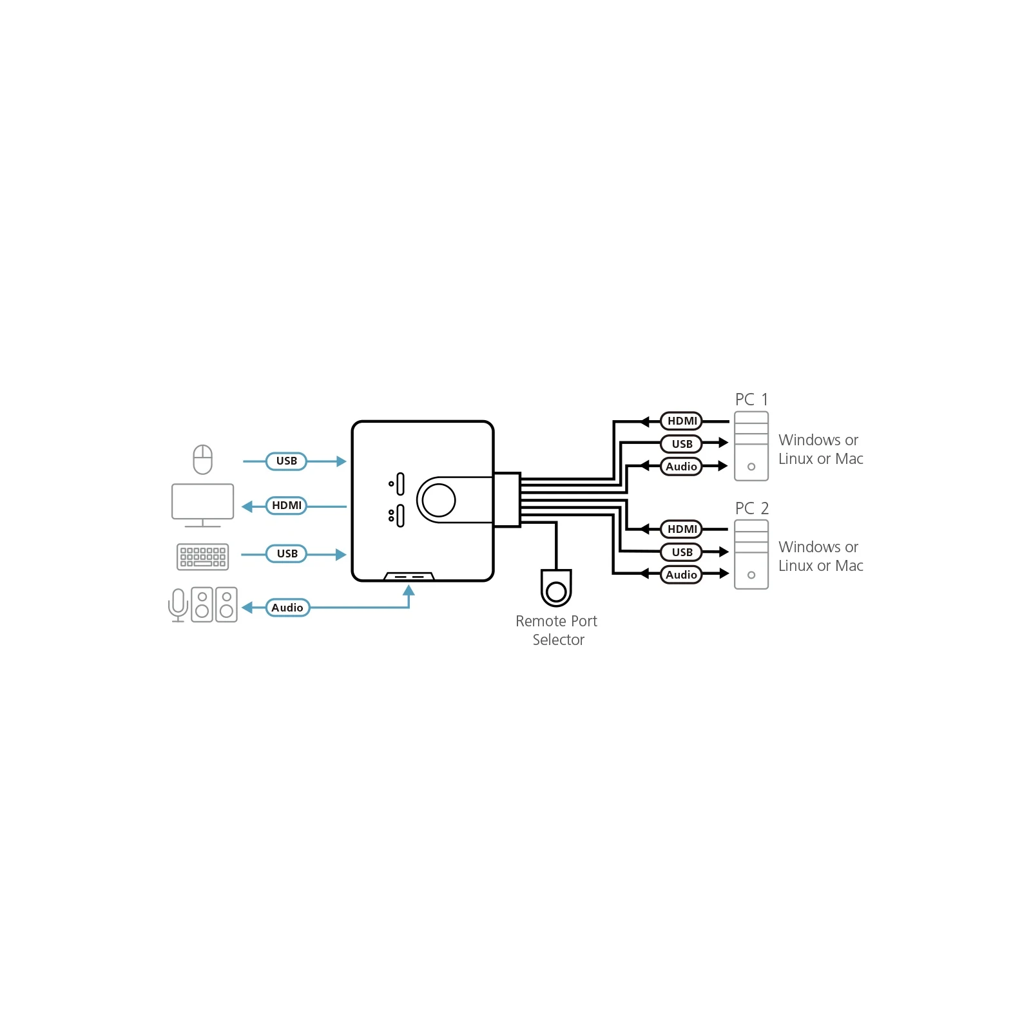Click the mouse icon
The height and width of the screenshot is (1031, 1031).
point(203,459)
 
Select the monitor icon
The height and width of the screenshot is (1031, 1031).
point(203,505)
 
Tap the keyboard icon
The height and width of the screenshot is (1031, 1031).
point(203,557)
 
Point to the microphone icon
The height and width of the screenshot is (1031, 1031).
point(178,605)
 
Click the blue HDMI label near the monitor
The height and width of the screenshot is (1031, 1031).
point(287,506)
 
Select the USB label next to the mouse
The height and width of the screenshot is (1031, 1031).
point(287,461)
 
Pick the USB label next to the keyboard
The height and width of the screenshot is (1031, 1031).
point(287,554)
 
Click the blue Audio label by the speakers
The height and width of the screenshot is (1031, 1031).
point(287,608)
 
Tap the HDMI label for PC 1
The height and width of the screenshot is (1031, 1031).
point(682,421)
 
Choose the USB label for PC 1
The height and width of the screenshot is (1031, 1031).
point(682,444)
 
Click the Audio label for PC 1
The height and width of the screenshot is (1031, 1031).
point(682,467)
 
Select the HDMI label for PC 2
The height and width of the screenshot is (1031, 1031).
point(682,529)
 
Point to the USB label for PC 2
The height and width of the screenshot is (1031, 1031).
point(682,552)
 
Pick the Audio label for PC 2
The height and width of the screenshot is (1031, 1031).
point(682,575)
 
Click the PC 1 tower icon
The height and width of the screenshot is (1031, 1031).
point(751,446)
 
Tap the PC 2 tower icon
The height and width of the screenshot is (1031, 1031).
point(751,554)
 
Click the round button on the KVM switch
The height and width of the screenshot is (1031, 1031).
point(439,499)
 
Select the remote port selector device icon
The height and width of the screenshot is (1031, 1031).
point(556,588)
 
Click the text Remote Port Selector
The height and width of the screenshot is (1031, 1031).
point(557,630)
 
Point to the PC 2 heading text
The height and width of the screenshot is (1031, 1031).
point(752,508)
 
